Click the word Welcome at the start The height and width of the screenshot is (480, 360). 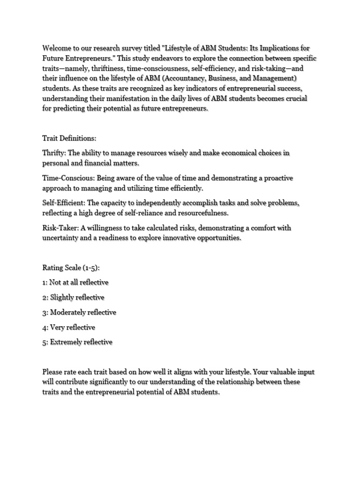click(58, 48)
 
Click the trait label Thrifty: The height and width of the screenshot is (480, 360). click(55, 153)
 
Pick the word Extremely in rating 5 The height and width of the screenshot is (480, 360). click(67, 342)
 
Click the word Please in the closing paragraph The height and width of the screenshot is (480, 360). click(53, 372)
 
